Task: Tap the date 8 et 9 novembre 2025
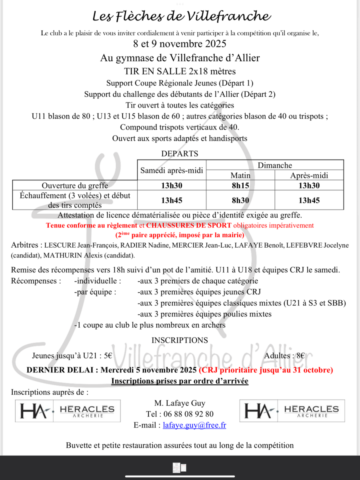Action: (180, 44)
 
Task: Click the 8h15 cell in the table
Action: (240, 186)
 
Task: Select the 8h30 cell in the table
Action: (240, 200)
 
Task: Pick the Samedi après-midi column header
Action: (172, 170)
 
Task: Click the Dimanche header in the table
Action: (275, 165)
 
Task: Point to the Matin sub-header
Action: (240, 175)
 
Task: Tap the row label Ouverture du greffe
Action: (75, 186)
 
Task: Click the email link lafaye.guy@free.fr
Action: (194, 425)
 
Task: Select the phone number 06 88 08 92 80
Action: (191, 414)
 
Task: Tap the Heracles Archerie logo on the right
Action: (292, 411)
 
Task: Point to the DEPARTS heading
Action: (180, 154)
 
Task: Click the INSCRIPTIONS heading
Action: (180, 340)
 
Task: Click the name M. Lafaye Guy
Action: (180, 403)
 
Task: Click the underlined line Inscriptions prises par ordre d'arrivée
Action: (180, 381)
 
